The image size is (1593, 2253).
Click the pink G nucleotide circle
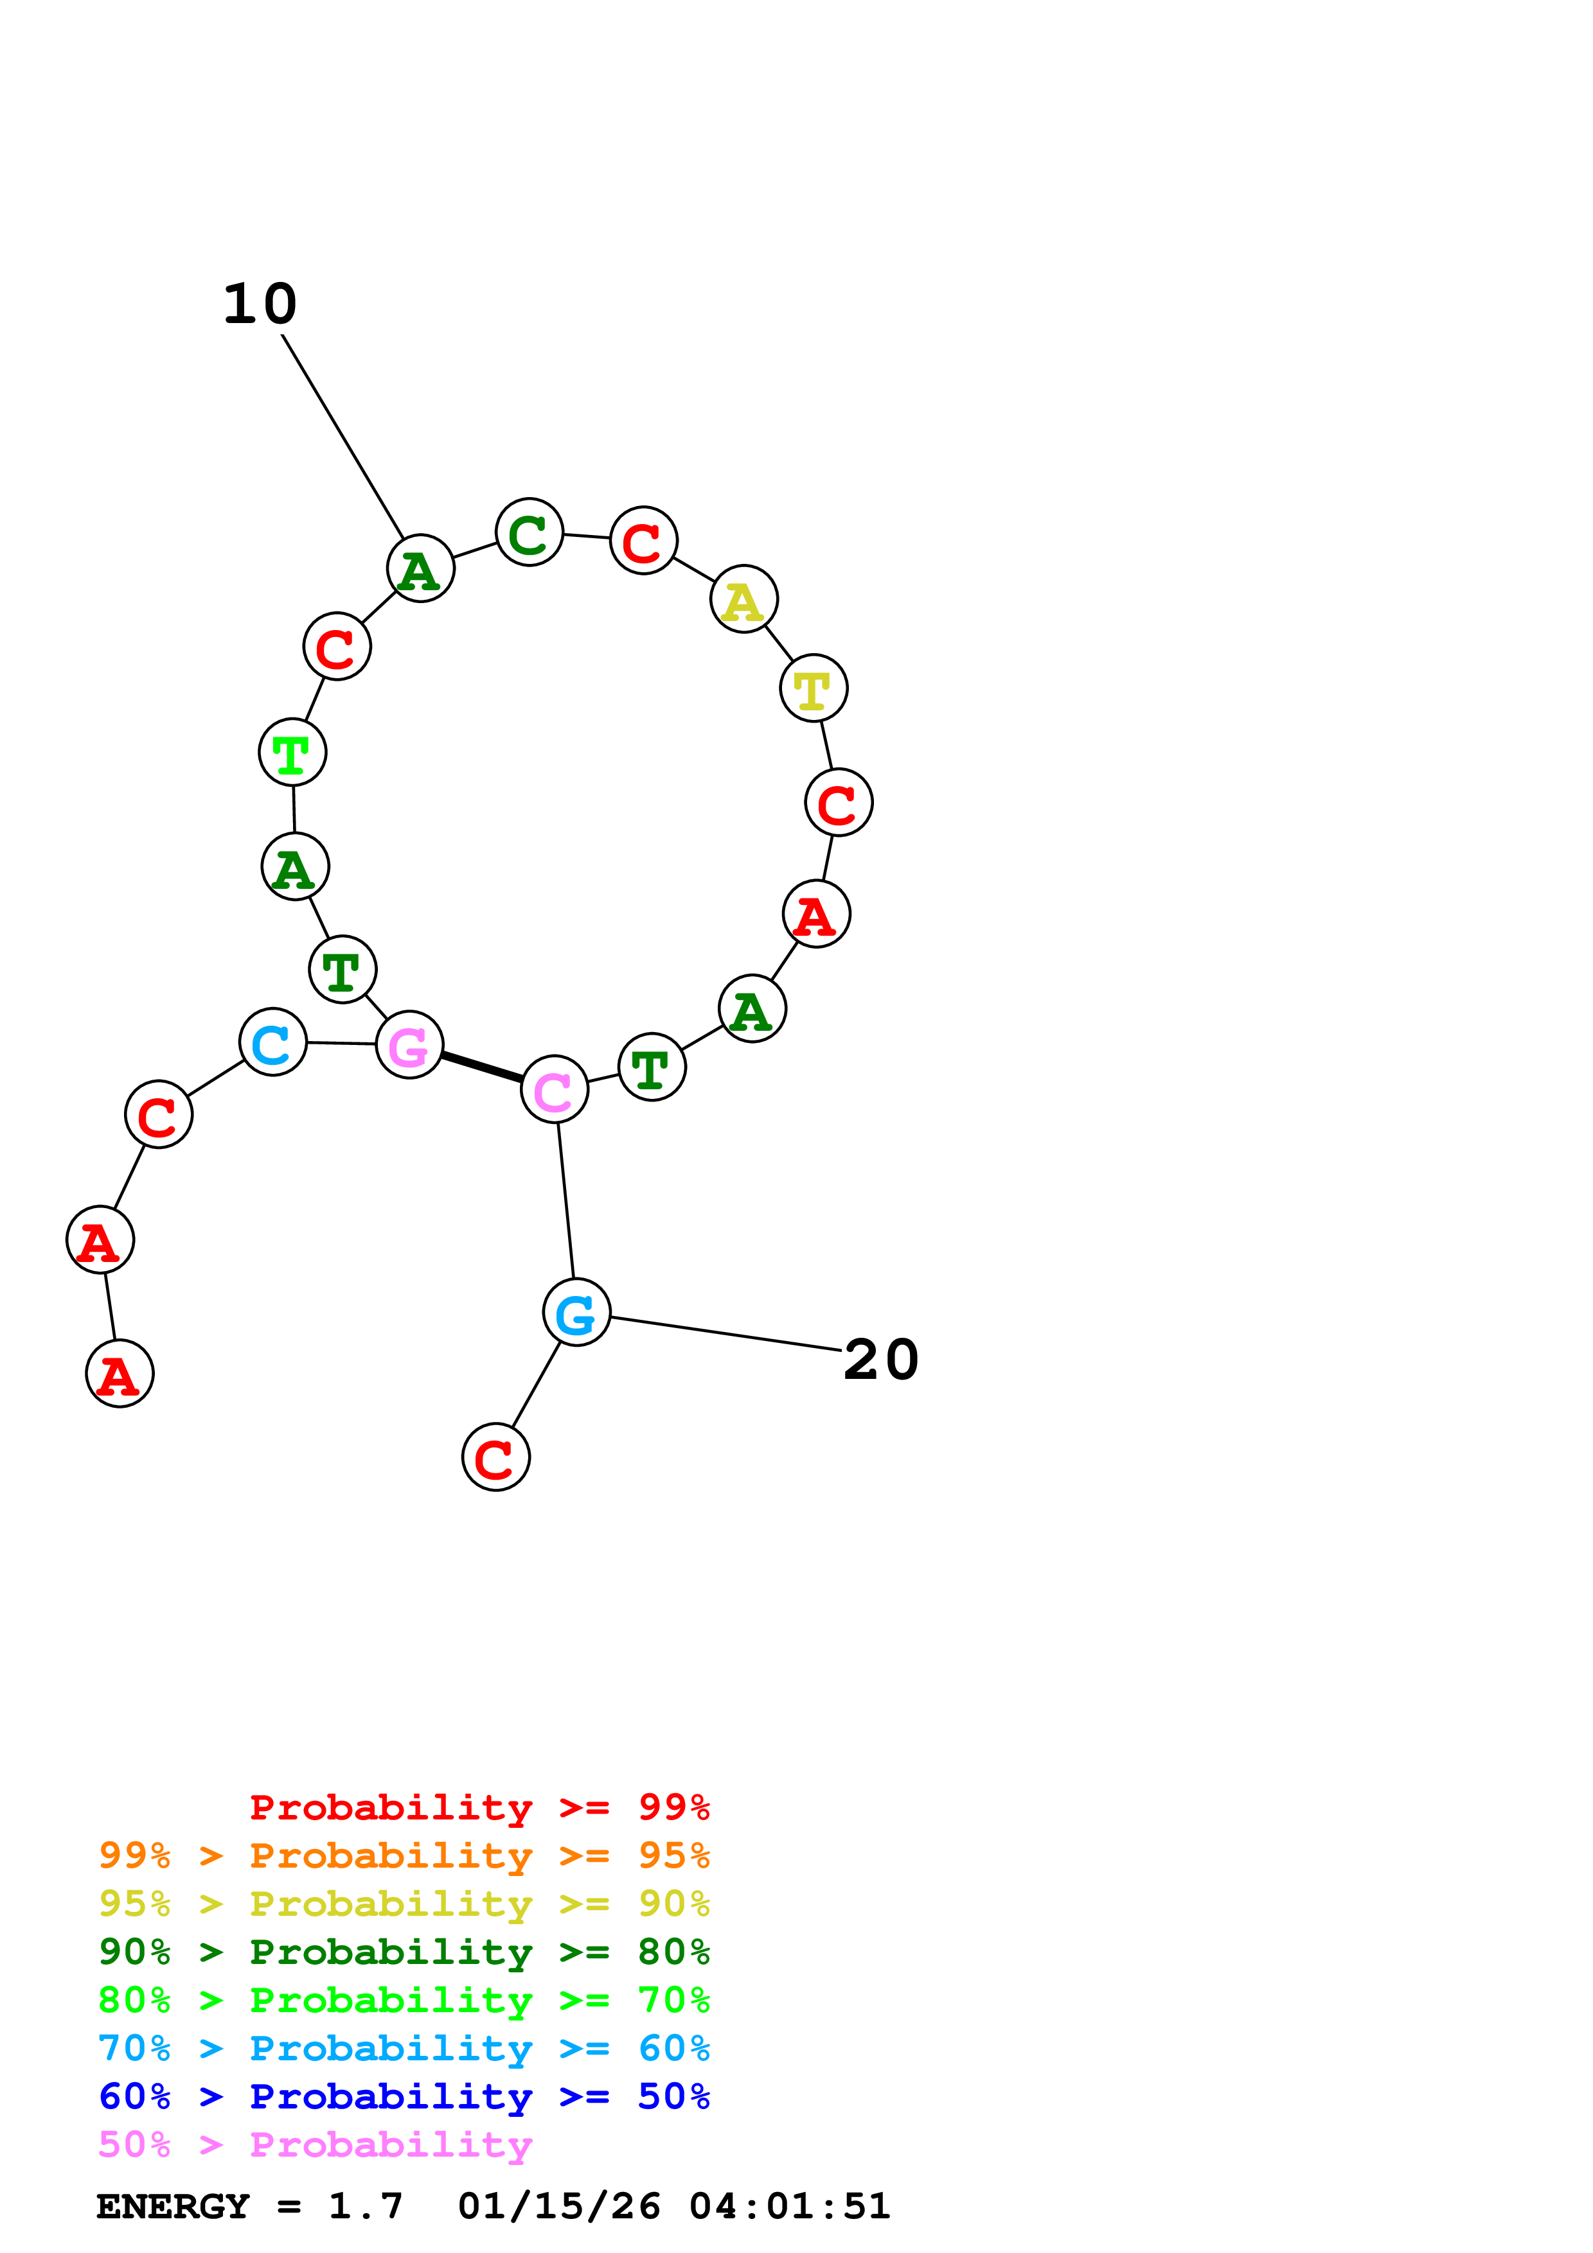click(x=409, y=1044)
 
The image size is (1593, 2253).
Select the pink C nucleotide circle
click(x=555, y=1089)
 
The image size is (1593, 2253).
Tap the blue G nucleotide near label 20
click(x=576, y=1312)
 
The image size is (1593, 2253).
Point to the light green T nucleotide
click(x=292, y=753)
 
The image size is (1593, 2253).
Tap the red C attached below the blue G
click(x=495, y=1457)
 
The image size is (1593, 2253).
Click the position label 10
click(x=260, y=304)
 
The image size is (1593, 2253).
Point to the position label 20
click(x=880, y=1360)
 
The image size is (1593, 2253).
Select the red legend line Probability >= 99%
click(x=479, y=1807)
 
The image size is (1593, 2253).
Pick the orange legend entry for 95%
click(x=404, y=1855)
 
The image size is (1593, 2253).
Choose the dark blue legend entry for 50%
click(x=404, y=2096)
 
